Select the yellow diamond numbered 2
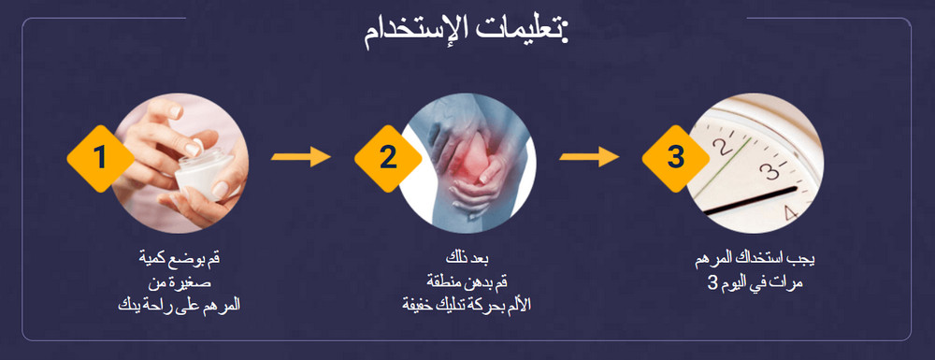coord(387,157)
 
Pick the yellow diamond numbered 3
coord(675,156)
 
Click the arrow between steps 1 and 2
coord(300,156)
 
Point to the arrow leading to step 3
coord(588,156)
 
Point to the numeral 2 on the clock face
coord(721,147)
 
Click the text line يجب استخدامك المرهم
coord(753,259)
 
